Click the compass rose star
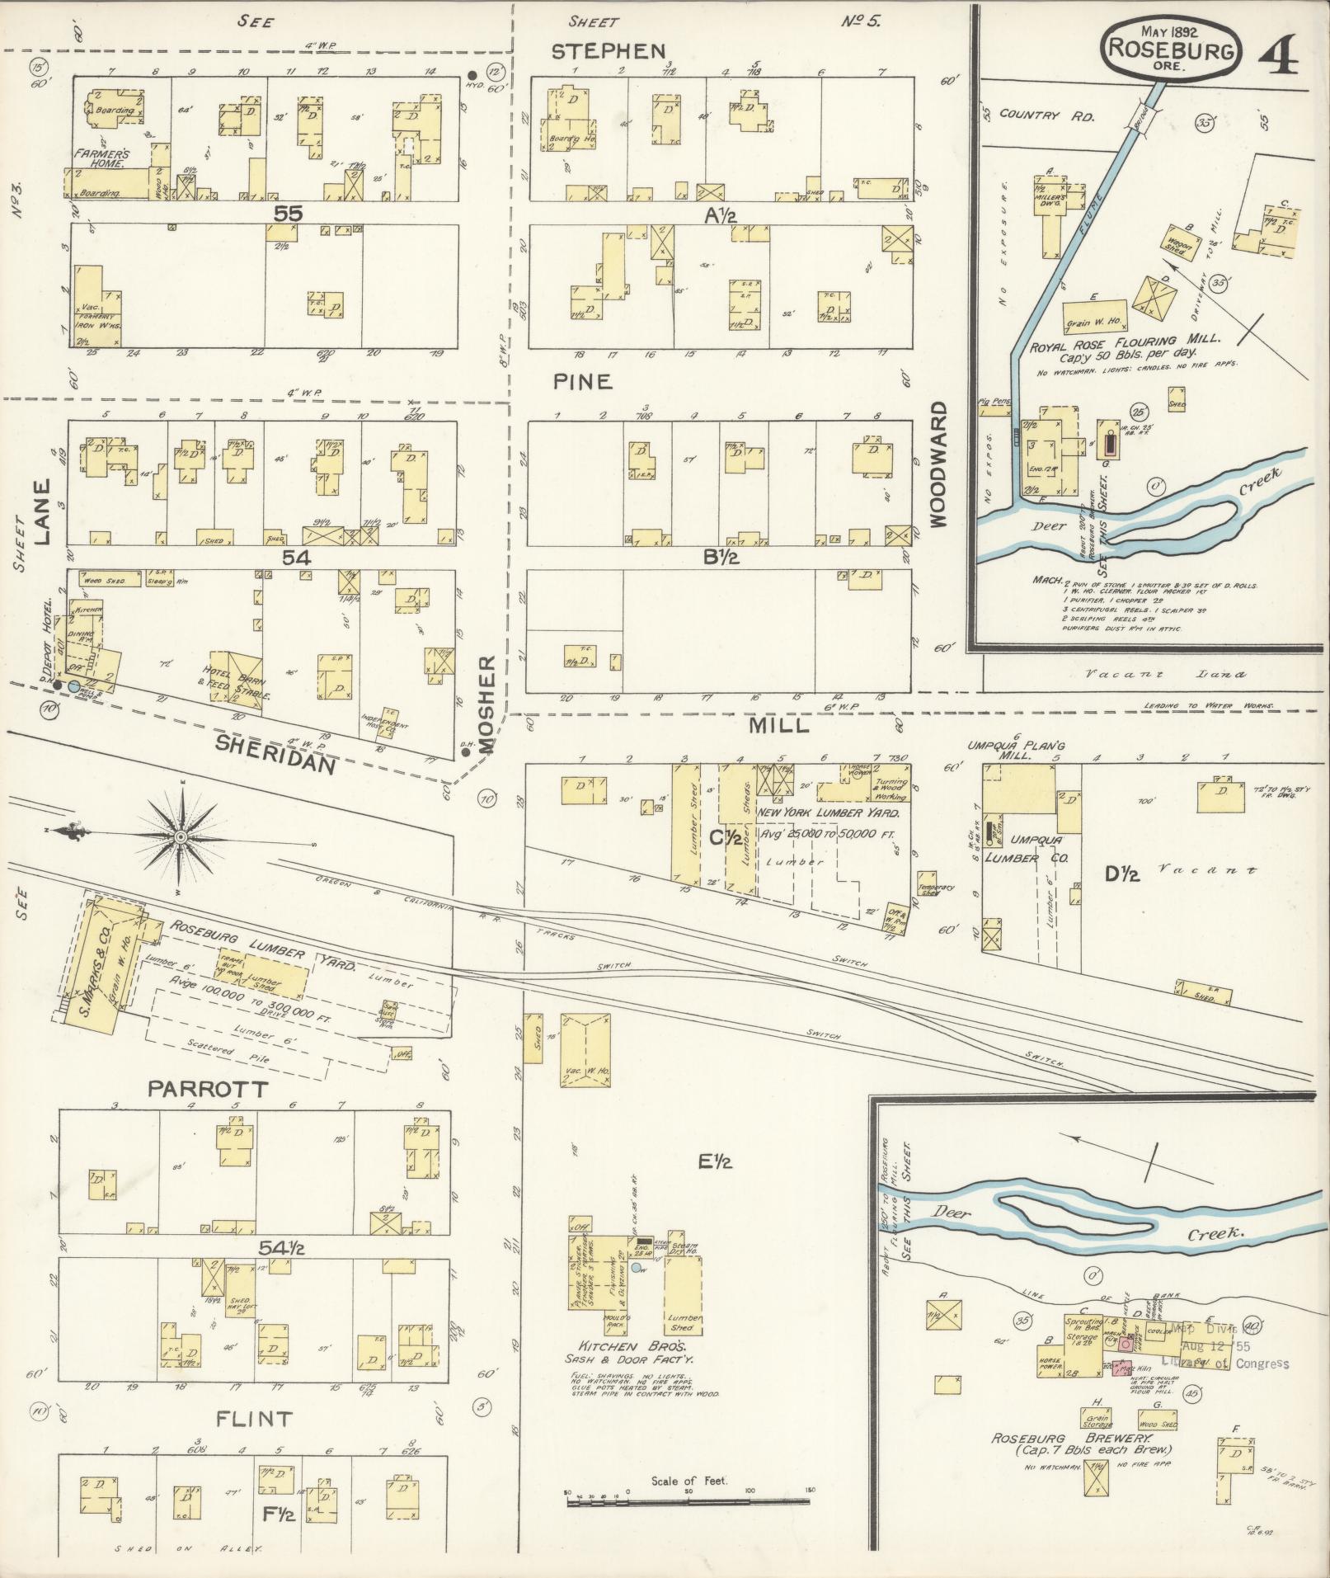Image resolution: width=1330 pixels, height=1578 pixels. point(180,838)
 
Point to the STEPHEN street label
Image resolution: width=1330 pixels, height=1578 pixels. point(608,52)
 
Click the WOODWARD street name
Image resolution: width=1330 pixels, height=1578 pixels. point(940,464)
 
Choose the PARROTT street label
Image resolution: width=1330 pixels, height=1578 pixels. point(208,1089)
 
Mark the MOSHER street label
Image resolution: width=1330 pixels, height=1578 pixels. point(486,706)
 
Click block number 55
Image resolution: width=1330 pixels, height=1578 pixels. point(289,213)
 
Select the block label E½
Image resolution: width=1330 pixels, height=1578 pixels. point(715,1162)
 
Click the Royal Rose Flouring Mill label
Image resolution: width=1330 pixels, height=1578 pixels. point(1125,339)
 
